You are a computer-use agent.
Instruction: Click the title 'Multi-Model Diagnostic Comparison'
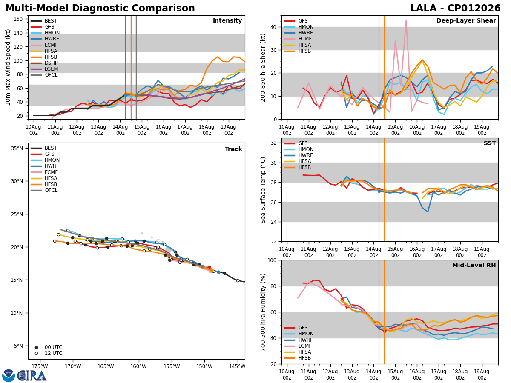point(100,8)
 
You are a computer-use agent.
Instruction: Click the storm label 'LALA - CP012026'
point(455,8)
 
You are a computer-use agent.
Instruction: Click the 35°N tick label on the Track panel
point(17,149)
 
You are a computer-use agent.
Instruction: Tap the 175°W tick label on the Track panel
point(40,366)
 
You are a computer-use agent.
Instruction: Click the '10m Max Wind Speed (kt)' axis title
point(8,67)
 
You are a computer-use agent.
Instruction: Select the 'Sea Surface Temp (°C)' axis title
point(263,190)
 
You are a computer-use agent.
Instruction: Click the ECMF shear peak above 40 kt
point(406,20)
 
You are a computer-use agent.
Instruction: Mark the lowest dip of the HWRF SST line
point(428,212)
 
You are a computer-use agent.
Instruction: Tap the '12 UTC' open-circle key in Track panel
point(49,353)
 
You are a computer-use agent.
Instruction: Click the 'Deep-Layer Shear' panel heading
point(466,21)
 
